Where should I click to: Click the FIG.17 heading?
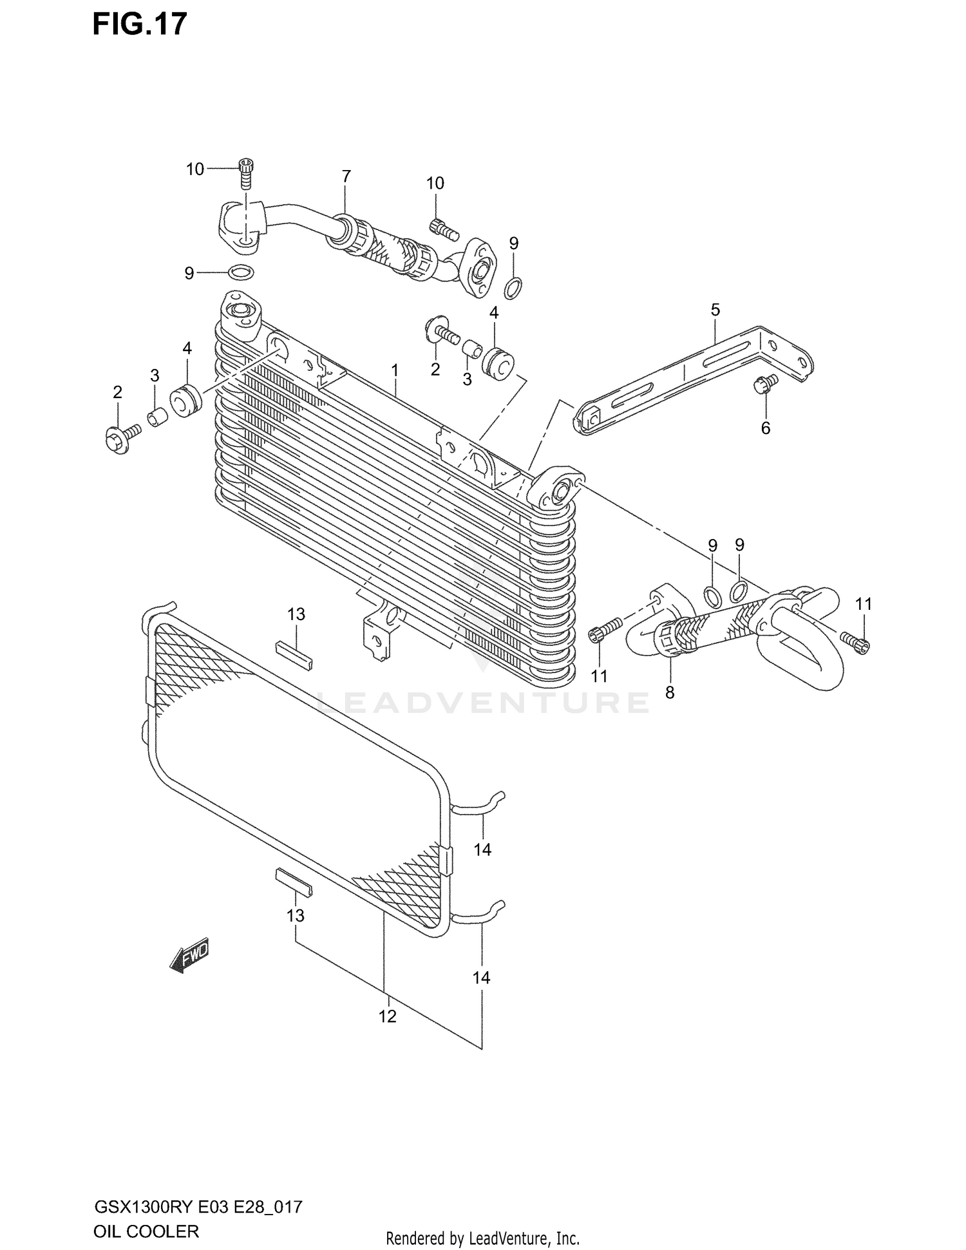[x=140, y=24]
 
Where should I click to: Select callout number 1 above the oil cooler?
[x=395, y=370]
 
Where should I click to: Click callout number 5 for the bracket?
[x=715, y=310]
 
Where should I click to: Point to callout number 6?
[x=765, y=428]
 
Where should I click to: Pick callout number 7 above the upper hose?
[x=346, y=176]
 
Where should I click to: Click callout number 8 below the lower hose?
[x=670, y=693]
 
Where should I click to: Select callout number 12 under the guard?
[x=387, y=1016]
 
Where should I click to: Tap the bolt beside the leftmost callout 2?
[x=120, y=439]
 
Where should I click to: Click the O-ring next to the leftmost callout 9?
[x=240, y=272]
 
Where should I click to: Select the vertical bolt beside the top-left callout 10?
[x=245, y=172]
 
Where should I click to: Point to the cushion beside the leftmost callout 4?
[x=187, y=401]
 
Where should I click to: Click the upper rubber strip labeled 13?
[x=294, y=655]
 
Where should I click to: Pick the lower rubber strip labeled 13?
[x=294, y=880]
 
